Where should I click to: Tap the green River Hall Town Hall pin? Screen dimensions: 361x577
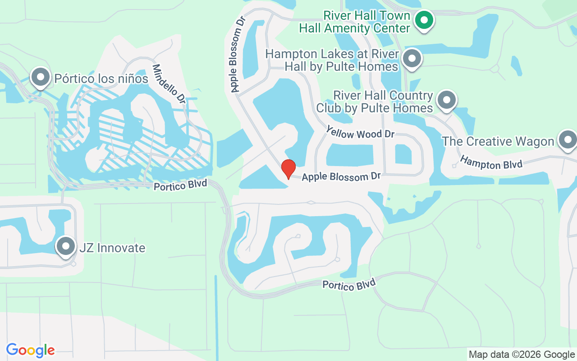(x=424, y=20)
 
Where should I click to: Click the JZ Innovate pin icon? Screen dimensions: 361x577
(x=66, y=246)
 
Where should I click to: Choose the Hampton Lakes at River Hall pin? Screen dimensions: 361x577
(x=412, y=59)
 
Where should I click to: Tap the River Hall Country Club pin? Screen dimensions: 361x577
(x=446, y=99)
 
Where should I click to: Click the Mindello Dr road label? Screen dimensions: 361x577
(x=169, y=83)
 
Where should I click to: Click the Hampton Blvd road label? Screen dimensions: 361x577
(x=491, y=162)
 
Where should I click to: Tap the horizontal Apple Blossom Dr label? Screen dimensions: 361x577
(x=341, y=176)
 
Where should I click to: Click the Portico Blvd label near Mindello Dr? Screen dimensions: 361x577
(x=180, y=185)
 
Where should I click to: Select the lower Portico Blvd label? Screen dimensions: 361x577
(x=348, y=284)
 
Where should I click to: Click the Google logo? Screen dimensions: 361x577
(x=30, y=350)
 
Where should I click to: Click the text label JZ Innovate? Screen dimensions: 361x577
(x=112, y=248)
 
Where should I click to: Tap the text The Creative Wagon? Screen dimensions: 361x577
(x=498, y=141)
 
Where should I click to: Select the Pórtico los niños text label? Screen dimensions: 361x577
(x=101, y=79)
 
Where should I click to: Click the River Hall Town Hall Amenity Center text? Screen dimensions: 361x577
(x=355, y=22)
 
